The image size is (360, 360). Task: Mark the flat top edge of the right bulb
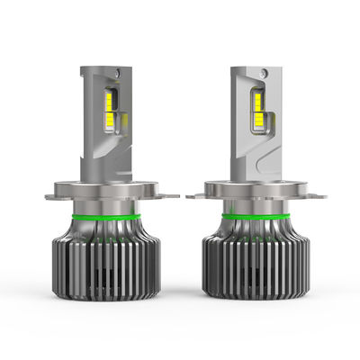[x=252, y=67]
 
